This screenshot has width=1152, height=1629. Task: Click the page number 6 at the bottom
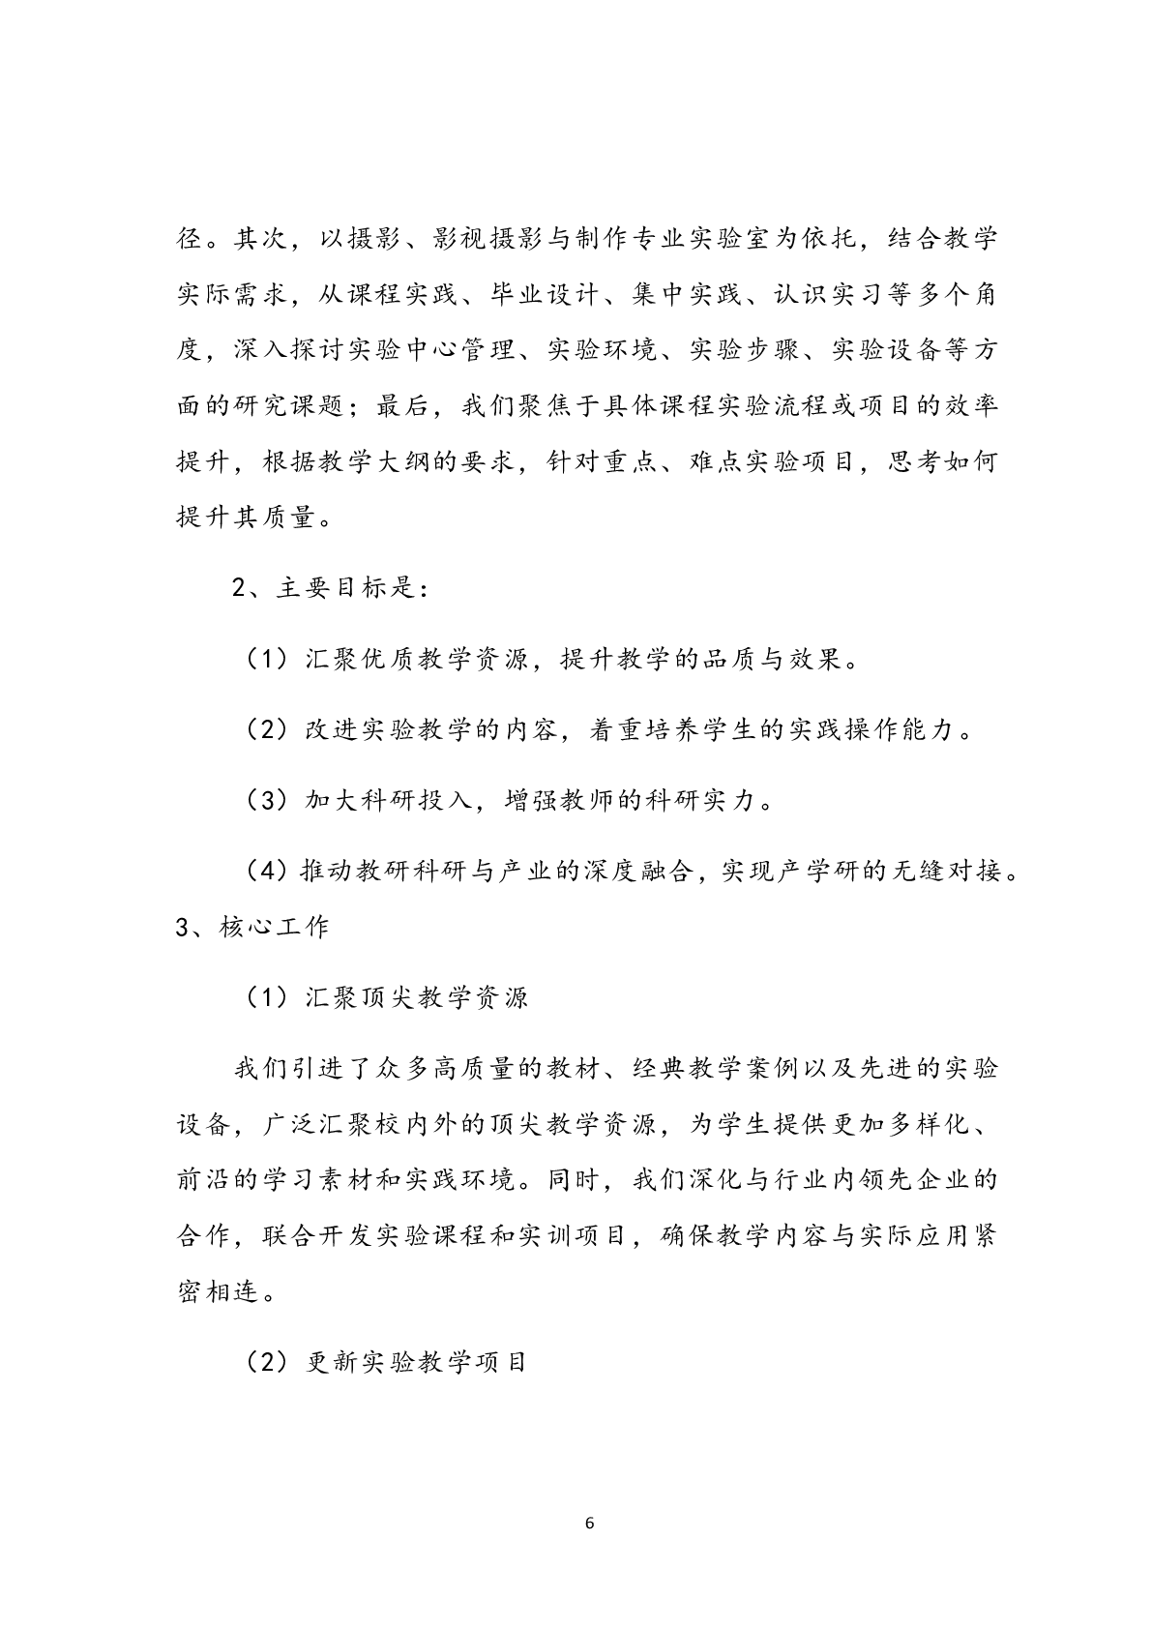[x=590, y=1524]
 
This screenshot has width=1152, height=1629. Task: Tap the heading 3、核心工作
[x=252, y=927]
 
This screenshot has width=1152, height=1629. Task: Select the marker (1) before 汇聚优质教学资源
[x=264, y=660]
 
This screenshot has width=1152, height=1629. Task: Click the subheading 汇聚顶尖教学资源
[x=417, y=997]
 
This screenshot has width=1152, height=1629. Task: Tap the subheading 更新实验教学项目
[x=417, y=1362]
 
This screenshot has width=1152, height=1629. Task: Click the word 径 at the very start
[x=190, y=239]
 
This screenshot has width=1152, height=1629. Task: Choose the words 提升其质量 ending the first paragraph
[x=247, y=518]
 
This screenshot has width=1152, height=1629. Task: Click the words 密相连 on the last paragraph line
[x=219, y=1291]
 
